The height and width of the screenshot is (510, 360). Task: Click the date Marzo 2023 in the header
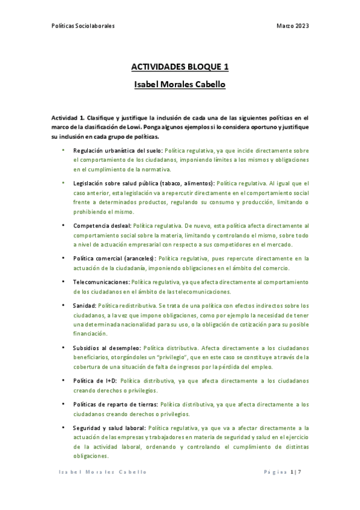pyautogui.click(x=293, y=26)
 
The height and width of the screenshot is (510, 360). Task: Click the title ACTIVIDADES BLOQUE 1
pyautogui.click(x=180, y=67)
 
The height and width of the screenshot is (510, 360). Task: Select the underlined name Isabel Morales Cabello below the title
pyautogui.click(x=180, y=85)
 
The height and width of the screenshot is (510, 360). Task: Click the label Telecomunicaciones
pyautogui.click(x=101, y=282)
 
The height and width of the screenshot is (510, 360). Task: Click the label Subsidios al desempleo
pyautogui.click(x=107, y=348)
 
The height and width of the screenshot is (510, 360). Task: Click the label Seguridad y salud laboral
pyautogui.click(x=109, y=428)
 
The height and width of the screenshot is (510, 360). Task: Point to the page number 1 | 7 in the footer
pyautogui.click(x=295, y=472)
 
